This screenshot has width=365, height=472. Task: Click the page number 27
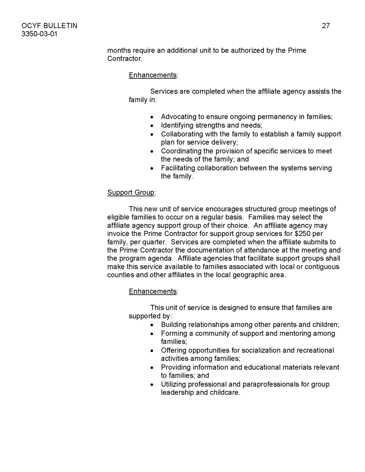(x=326, y=26)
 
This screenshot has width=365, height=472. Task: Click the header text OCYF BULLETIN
(x=49, y=26)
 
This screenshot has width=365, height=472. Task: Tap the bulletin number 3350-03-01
(x=40, y=34)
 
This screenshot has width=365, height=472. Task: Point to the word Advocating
(x=179, y=117)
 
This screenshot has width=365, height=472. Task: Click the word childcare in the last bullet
(x=225, y=392)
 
